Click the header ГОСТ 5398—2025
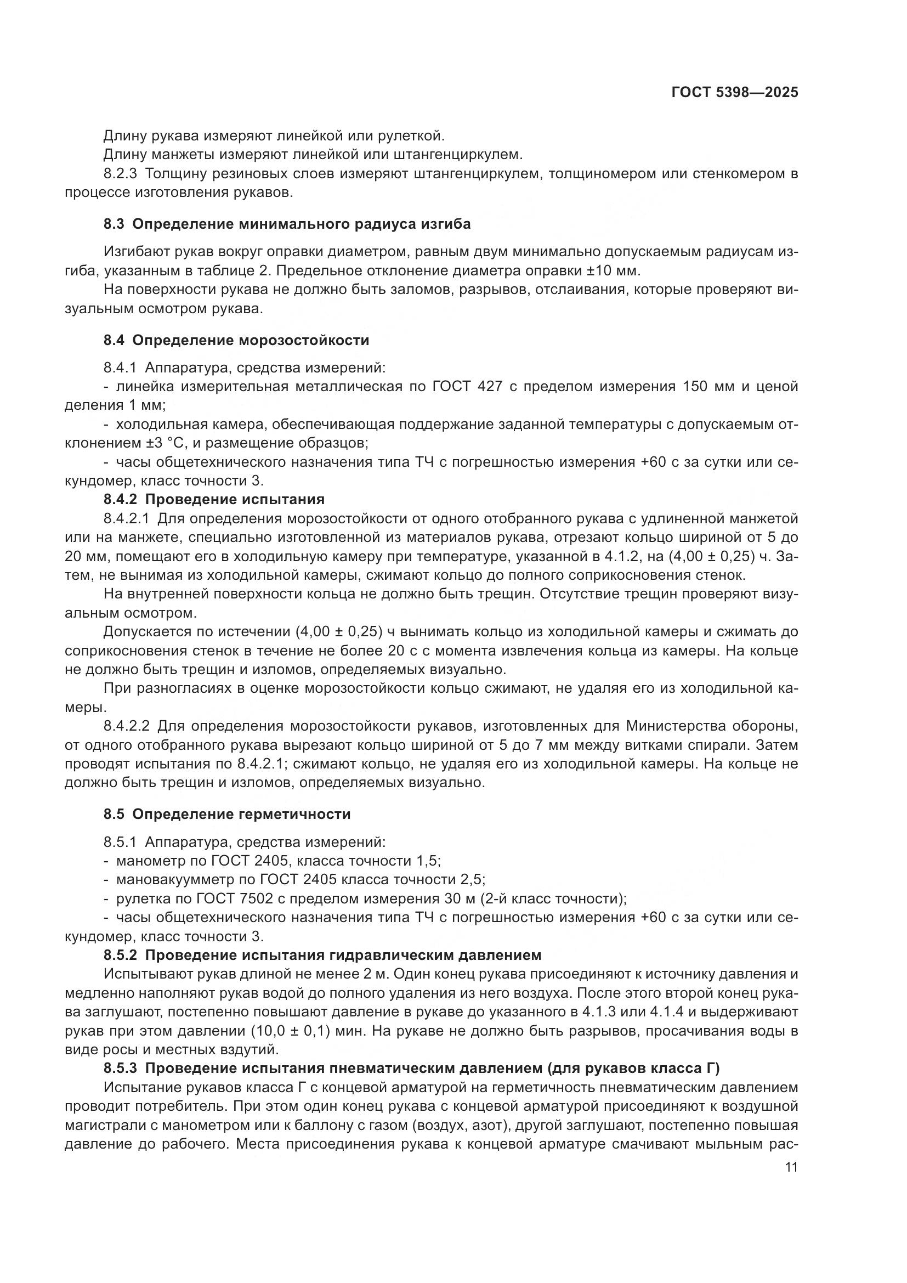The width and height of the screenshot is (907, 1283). [734, 93]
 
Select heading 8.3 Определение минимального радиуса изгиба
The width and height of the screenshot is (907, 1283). [287, 224]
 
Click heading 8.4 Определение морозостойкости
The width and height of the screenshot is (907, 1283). [236, 340]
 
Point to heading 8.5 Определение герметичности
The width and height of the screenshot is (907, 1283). [227, 814]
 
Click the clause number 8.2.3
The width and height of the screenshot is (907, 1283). [120, 174]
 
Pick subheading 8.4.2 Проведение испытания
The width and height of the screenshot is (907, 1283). [214, 499]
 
